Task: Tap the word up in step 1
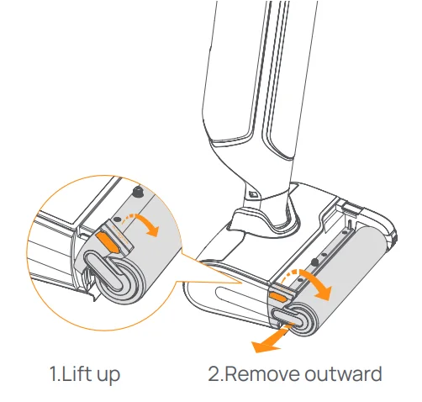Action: click(x=107, y=374)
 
